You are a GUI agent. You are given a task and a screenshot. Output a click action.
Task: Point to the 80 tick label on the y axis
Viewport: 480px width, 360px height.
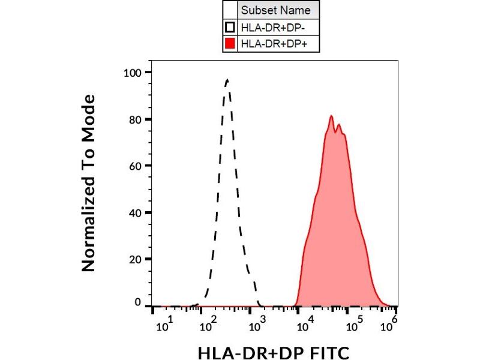click(136, 119)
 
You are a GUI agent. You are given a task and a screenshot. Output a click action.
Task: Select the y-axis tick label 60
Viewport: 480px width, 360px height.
click(136, 166)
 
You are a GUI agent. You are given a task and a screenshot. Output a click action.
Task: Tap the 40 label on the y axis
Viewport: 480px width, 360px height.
click(136, 212)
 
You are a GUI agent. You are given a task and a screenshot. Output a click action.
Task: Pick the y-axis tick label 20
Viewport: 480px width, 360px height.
click(136, 259)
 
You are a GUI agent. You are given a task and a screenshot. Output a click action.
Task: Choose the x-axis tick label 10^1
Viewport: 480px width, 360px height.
click(165, 325)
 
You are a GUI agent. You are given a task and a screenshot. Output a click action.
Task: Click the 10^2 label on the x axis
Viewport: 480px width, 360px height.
click(209, 325)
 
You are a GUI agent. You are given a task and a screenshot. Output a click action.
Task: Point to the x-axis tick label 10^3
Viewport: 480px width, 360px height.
click(257, 325)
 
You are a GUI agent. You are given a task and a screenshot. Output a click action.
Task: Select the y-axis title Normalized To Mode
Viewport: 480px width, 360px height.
click(89, 183)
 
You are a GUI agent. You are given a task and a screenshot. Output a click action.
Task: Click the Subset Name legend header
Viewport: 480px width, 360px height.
click(276, 10)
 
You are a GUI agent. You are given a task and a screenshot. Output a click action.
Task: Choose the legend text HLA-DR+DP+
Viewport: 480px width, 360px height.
click(269, 43)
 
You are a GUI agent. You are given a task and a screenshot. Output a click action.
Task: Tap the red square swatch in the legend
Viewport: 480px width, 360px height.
click(230, 43)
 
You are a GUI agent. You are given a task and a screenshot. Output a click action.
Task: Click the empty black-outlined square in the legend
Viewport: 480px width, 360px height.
click(230, 27)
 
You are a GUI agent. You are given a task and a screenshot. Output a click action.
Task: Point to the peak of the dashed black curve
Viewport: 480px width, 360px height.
click(227, 79)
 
